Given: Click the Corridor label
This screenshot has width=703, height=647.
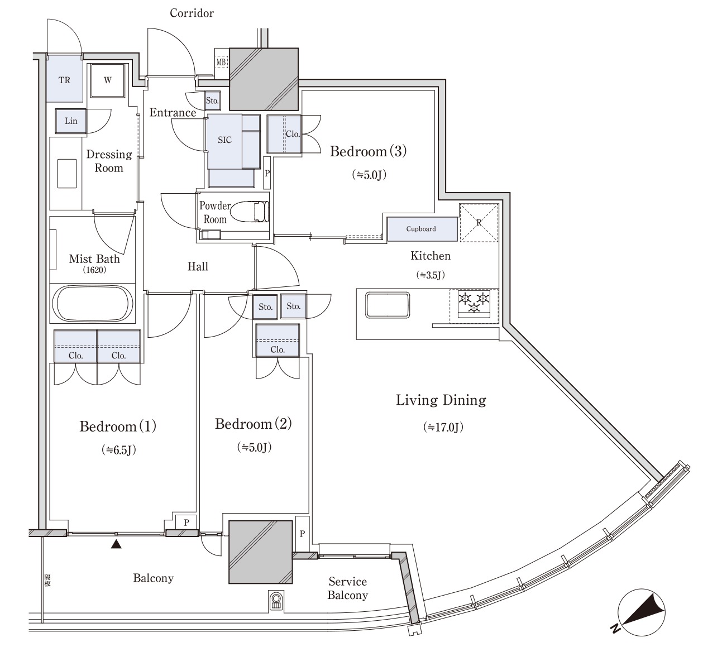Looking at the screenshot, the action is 192,13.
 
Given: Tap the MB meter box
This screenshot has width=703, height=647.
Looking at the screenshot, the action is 221,62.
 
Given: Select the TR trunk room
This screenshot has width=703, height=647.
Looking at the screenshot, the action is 64,79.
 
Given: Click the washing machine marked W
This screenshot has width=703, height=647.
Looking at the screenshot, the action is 108,80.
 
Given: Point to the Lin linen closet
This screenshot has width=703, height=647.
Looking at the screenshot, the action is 71,121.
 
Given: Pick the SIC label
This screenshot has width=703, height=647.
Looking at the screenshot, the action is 224,140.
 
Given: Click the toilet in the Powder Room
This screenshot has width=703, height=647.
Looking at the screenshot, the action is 250,212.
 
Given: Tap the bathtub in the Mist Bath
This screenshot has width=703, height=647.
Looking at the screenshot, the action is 93,304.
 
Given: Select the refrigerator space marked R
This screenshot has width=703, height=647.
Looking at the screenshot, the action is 479,223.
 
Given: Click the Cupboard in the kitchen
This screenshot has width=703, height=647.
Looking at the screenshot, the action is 422,229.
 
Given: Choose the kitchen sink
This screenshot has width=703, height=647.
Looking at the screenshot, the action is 388,305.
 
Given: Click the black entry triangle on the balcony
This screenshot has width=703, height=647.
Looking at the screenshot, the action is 116,544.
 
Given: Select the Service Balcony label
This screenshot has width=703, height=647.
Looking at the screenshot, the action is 348,588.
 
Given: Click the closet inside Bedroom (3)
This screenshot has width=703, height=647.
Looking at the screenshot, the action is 284,134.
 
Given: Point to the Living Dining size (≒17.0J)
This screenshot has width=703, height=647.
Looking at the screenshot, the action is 443,427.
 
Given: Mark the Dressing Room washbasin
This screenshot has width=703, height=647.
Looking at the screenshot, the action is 67,174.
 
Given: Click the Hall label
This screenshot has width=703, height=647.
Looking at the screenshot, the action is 198,266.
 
